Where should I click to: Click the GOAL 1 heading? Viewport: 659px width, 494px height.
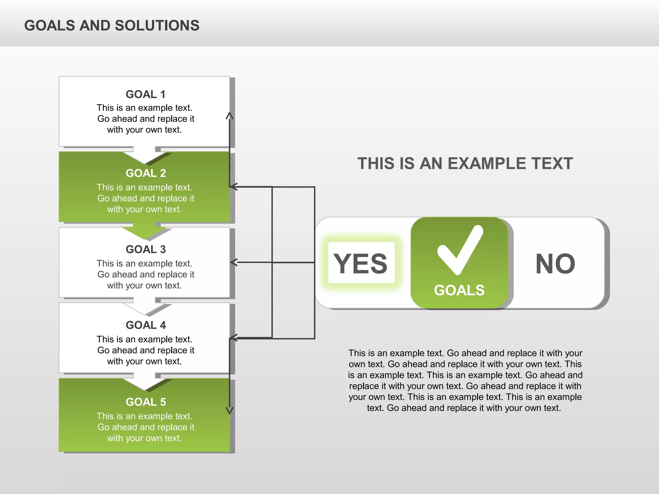pos(145,94)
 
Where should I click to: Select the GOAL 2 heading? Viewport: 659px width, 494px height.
pos(145,173)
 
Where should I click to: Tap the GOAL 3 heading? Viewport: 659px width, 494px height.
pos(145,249)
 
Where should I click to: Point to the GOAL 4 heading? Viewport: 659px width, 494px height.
pos(145,325)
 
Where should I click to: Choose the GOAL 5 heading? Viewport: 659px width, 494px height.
pos(145,402)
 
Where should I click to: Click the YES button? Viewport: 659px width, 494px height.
pos(361,263)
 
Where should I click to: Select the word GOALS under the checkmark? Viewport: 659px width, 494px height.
pos(459,290)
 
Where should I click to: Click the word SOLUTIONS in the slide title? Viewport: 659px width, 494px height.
pos(157,25)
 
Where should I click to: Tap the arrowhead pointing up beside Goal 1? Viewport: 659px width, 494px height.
pos(229,115)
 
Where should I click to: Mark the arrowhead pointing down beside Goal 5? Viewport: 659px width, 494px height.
pos(229,411)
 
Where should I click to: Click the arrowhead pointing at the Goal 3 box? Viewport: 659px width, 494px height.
pos(234,262)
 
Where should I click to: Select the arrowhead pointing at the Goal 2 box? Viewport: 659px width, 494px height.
pos(234,187)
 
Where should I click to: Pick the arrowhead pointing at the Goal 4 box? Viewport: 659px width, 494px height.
pos(234,338)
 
